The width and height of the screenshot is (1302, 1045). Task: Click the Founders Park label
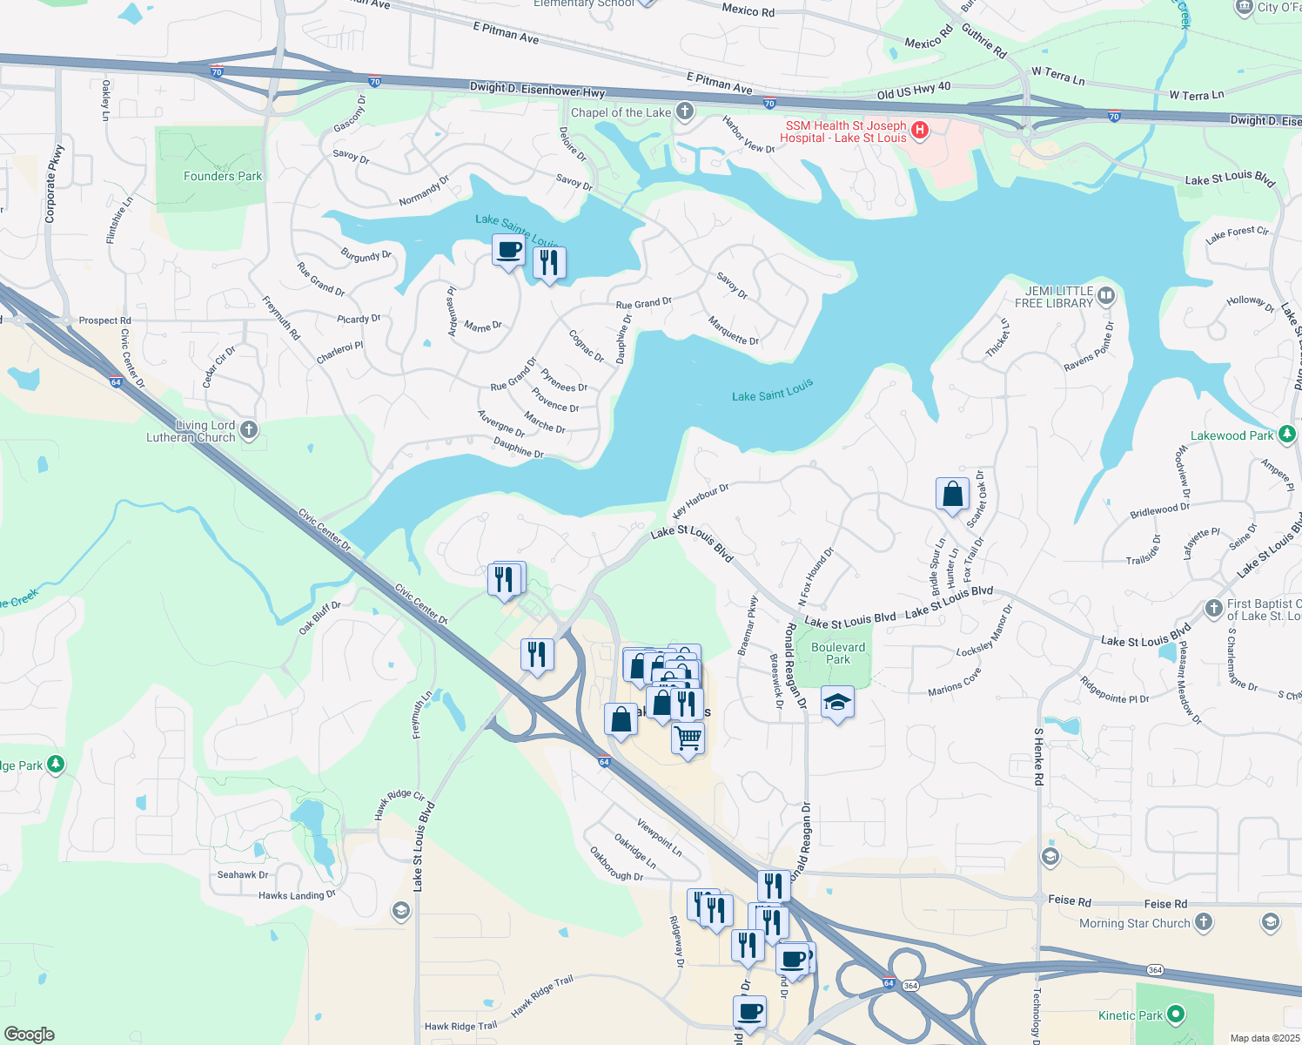coord(223,176)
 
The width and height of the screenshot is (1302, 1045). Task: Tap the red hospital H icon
coord(920,131)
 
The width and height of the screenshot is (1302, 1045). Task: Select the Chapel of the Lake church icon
coord(685,111)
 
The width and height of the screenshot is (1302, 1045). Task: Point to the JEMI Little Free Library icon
coord(1105,296)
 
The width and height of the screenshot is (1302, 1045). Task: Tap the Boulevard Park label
coord(838,653)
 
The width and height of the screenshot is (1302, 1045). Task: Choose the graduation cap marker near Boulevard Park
coord(837,702)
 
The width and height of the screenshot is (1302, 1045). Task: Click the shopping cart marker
coord(688,738)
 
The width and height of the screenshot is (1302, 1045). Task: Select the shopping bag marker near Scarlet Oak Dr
coord(953,494)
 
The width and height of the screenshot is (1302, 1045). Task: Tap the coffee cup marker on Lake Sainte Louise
coord(509,250)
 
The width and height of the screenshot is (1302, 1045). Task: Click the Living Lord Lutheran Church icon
coord(249,430)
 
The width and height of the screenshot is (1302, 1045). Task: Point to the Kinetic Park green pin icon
coord(1176,1015)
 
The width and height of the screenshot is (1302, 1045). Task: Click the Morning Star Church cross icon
coord(1203,922)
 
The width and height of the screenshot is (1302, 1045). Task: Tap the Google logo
coord(30,1034)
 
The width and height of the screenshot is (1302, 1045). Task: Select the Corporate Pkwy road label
coord(54,184)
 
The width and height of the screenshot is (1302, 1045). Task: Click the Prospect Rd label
coord(104,320)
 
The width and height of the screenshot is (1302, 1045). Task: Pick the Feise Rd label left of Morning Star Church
coord(1070,900)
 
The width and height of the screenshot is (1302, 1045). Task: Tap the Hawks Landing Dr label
coord(297,895)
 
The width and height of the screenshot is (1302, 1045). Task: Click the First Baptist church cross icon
coord(1214,609)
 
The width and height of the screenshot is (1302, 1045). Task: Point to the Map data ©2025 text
coord(1263,1038)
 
